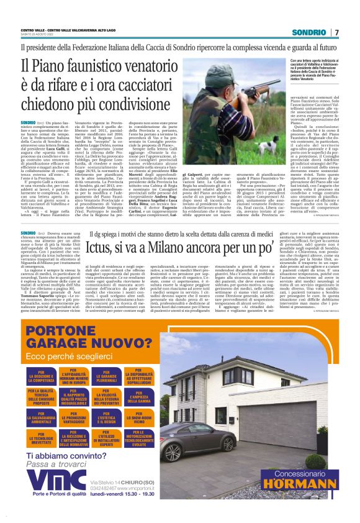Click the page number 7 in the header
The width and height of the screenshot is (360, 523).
pos(337,32)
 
